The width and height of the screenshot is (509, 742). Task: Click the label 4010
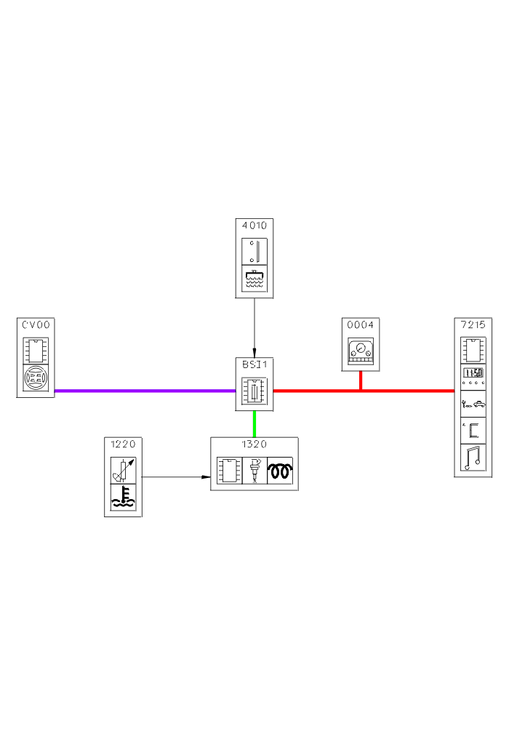click(x=254, y=226)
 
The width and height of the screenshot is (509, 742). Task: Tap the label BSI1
click(x=254, y=364)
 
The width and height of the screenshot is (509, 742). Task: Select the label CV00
click(x=36, y=324)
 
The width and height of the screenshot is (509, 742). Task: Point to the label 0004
click(x=361, y=324)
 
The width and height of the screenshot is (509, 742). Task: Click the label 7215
click(x=473, y=324)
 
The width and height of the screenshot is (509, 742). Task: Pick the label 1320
click(x=254, y=444)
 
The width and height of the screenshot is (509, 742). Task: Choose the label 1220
click(x=123, y=444)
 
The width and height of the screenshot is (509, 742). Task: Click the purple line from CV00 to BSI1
click(x=145, y=391)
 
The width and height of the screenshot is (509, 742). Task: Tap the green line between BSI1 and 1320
click(x=254, y=423)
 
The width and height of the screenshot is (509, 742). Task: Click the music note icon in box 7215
click(x=473, y=458)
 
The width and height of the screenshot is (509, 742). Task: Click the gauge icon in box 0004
click(x=361, y=351)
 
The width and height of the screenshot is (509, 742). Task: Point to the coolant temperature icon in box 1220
click(x=123, y=498)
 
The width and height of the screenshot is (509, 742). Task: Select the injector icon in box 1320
click(x=254, y=470)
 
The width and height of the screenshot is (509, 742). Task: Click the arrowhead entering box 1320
click(x=207, y=477)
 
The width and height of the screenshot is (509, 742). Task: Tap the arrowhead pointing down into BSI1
click(x=254, y=353)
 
